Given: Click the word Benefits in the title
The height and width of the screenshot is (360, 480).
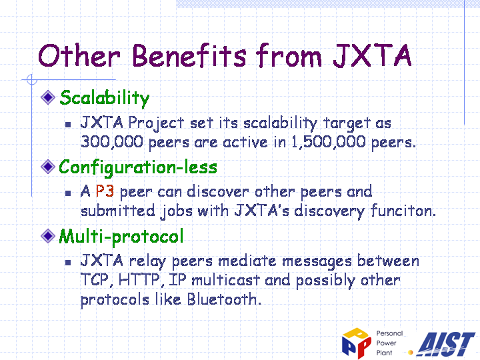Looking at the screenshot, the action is pyautogui.click(x=189, y=56).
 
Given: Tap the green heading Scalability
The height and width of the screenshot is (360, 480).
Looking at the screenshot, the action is pyautogui.click(x=105, y=98).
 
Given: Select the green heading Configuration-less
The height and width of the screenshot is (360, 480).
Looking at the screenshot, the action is pyautogui.click(x=138, y=168).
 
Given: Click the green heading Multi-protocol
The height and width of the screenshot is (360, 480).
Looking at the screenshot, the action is pyautogui.click(x=121, y=237).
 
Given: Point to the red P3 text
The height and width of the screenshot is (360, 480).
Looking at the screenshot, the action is pyautogui.click(x=105, y=191).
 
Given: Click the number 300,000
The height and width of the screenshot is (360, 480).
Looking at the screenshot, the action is pyautogui.click(x=112, y=142).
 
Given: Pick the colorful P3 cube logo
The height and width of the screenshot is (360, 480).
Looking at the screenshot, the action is pyautogui.click(x=357, y=343).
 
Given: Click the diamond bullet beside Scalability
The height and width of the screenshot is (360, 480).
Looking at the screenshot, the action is pyautogui.click(x=48, y=97).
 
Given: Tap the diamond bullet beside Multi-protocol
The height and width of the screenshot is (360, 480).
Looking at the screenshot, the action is pyautogui.click(x=48, y=236).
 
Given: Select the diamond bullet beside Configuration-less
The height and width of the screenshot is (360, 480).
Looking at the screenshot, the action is pyautogui.click(x=48, y=167).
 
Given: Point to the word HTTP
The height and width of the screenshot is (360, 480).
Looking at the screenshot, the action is pyautogui.click(x=139, y=280).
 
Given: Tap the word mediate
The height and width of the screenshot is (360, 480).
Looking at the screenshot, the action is pyautogui.click(x=247, y=261).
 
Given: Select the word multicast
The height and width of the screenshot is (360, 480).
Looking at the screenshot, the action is pyautogui.click(x=226, y=280).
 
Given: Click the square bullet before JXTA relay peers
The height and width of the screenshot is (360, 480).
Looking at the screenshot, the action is pyautogui.click(x=68, y=263).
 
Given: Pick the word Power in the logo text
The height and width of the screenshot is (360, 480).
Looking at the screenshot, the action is pyautogui.click(x=386, y=343).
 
